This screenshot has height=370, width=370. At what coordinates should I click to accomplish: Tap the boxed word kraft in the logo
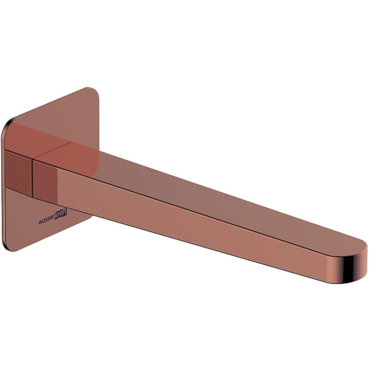pos(61,214)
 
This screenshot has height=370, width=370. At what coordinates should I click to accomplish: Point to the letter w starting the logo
pos(40,222)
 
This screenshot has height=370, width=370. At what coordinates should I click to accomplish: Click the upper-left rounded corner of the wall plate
pos(6,124)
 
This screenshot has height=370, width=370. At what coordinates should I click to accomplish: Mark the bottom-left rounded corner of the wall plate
pos(7,247)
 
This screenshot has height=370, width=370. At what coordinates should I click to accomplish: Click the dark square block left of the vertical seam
pos(18,173)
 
